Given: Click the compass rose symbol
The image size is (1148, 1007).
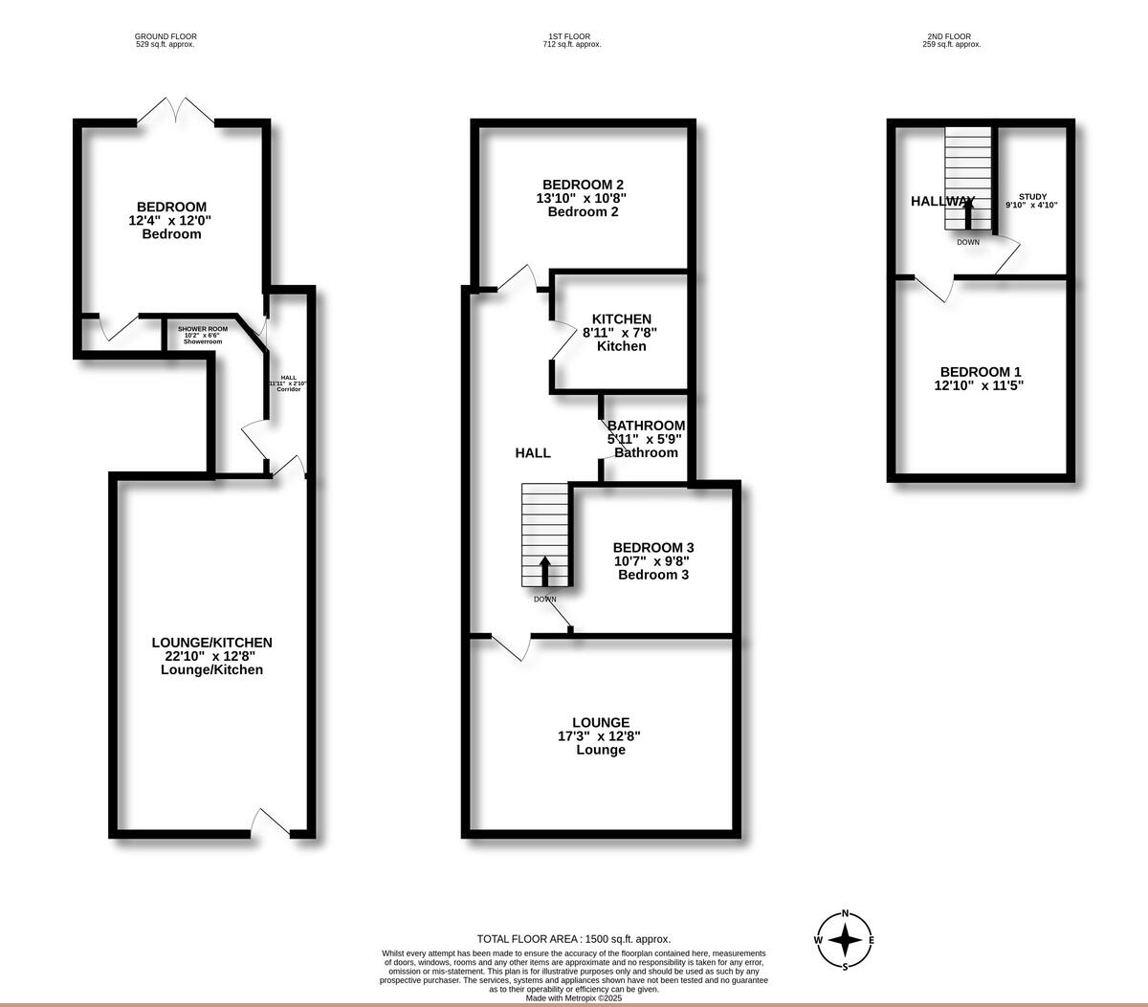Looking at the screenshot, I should coord(845,940).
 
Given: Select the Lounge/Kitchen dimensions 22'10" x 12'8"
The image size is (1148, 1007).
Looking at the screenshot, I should coord(211,656).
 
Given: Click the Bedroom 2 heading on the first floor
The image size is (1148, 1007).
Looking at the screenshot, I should coord(583,185).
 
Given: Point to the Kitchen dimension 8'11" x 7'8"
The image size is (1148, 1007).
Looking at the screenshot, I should coord(621,333).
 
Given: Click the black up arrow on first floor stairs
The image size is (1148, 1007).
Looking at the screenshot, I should coord(545,572).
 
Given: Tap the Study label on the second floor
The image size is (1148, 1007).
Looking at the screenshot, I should coord(1032,196).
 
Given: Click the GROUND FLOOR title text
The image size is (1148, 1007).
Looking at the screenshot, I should coord(166,36).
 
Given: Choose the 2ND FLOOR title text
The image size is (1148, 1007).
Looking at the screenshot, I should coord(948,36).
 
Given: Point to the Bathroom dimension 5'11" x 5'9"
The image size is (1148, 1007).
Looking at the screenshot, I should coord(646,439).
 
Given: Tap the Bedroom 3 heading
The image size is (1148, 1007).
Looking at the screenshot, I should coord(653,548).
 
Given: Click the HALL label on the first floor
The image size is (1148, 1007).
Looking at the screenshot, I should coord(533,452).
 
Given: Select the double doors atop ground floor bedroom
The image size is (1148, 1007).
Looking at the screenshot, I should coord(175,109).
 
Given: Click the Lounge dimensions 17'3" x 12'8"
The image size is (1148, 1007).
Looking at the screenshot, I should coord(599,736).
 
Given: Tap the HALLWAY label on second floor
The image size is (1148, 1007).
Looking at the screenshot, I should coord(941,201).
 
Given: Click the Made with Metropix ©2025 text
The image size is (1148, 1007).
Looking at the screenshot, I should coord(574,997).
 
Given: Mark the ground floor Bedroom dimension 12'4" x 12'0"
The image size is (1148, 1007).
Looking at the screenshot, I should coord(170,220).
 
